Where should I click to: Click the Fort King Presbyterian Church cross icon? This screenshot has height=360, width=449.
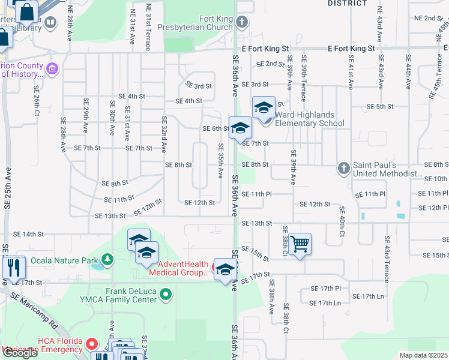(x=241, y=23)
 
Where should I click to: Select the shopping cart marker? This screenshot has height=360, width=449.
(x=300, y=244)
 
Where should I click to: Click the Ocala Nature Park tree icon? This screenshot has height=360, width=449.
(x=107, y=259)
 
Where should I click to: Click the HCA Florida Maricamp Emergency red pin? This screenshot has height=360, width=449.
(x=91, y=344)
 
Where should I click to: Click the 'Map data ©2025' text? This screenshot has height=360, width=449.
(x=424, y=355)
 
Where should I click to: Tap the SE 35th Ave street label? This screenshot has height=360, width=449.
(x=221, y=161)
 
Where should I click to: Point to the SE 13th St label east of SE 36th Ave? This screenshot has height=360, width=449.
(x=257, y=223)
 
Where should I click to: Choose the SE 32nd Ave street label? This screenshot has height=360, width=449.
(x=163, y=135)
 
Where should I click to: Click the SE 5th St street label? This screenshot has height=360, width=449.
(x=380, y=106)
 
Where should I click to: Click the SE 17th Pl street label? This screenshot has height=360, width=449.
(x=325, y=289)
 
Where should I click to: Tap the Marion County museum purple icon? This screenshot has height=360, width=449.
(x=52, y=70)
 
